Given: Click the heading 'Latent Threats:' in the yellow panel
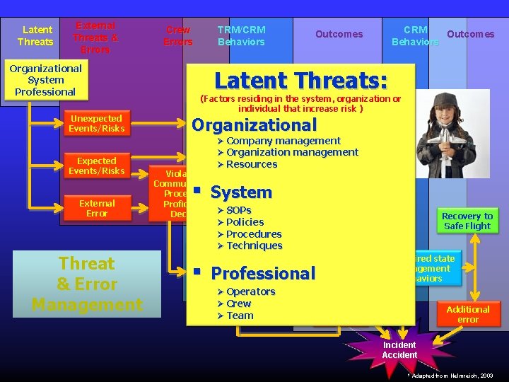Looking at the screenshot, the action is point(302,80).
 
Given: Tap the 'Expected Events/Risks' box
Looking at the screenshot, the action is point(96,166).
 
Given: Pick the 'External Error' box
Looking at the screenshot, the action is point(96,208).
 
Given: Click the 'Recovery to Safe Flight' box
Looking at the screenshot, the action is point(467,221).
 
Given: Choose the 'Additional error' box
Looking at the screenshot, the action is point(467,314).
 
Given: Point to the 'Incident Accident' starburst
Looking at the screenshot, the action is point(399,349).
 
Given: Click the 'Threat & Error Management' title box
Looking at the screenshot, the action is point(87,284).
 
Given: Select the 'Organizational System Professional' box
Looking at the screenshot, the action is point(45,80).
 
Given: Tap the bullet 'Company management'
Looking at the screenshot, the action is point(283,141).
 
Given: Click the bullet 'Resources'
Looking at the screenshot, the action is point(252,164).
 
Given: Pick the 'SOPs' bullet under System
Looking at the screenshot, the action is point(239,210).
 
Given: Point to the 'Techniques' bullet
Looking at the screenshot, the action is point(254,245).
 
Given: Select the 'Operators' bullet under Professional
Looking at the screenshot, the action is point(250,291).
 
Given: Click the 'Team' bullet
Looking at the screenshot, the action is point(240,316).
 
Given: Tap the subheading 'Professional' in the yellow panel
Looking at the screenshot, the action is point(263,273).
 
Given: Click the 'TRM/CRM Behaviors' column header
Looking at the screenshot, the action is point(242,35).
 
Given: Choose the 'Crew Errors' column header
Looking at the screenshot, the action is point(177,35).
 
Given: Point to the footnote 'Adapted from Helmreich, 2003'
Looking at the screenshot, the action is point(453,375).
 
